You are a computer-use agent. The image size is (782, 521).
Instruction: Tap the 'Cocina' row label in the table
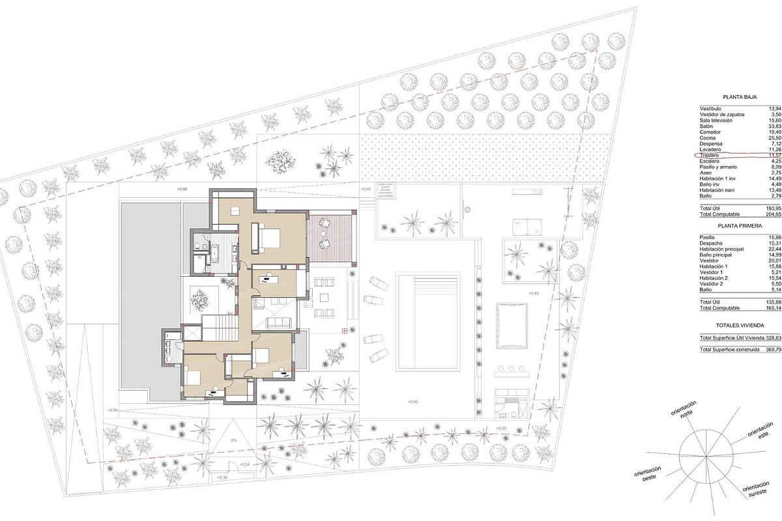click(708, 138)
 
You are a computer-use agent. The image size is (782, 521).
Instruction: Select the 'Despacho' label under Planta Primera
click(711, 244)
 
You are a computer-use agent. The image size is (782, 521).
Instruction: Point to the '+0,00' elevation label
click(366, 190)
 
